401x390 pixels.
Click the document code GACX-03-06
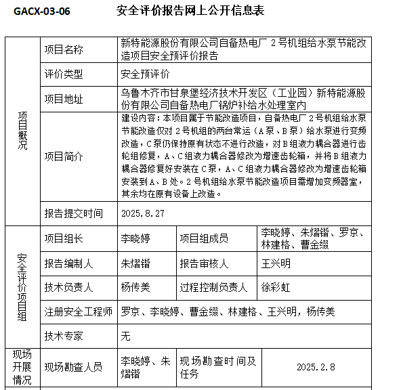(41, 12)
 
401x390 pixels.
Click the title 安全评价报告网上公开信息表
(190, 12)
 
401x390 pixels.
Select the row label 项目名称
(64, 49)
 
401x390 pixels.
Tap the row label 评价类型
(64, 74)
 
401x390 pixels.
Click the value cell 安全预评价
(145, 74)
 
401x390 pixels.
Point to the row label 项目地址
(64, 99)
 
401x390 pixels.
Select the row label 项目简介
(64, 156)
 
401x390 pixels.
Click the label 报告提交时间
(74, 213)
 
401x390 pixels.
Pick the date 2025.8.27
(142, 213)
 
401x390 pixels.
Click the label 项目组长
(64, 238)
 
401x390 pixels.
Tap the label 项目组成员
(204, 238)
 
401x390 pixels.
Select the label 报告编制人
(69, 263)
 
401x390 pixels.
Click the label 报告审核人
(209, 263)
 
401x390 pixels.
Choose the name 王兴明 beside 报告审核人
(276, 263)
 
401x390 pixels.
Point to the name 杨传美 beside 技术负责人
(135, 287)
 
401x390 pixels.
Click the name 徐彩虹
(276, 287)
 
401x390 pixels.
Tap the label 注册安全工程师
(79, 311)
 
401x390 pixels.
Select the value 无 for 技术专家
(125, 335)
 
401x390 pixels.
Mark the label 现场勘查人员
(74, 367)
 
